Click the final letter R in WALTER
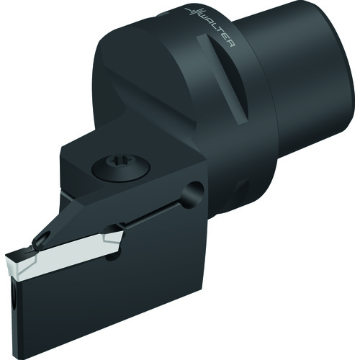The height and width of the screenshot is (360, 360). [231, 43]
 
